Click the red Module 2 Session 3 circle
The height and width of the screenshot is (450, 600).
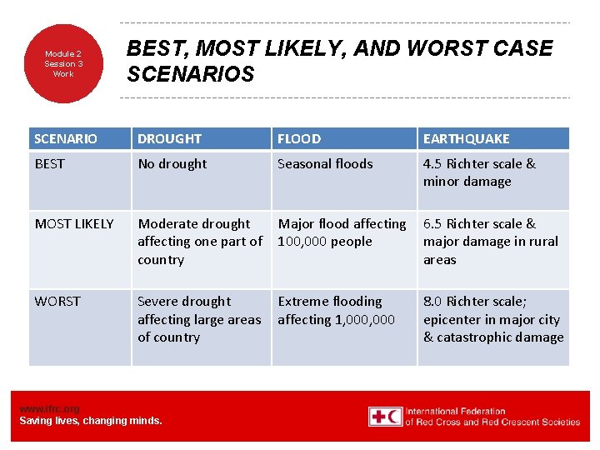[63, 63]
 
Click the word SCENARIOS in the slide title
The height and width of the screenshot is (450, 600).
[190, 75]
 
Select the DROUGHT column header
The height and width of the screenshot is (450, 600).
[169, 138]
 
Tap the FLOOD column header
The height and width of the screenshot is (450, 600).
[299, 138]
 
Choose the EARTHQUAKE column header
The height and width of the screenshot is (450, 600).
[466, 138]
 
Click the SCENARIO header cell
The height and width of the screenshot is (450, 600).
[66, 138]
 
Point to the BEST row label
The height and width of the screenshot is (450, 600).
[49, 164]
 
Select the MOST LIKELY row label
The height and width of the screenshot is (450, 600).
[74, 223]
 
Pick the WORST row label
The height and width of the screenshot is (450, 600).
[57, 302]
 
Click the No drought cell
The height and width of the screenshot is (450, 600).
[172, 164]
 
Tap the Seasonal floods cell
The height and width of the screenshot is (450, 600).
[325, 164]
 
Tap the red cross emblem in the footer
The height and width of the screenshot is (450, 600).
[384, 416]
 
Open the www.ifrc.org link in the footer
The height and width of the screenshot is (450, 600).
[49, 408]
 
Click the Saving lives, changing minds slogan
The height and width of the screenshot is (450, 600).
[91, 421]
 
